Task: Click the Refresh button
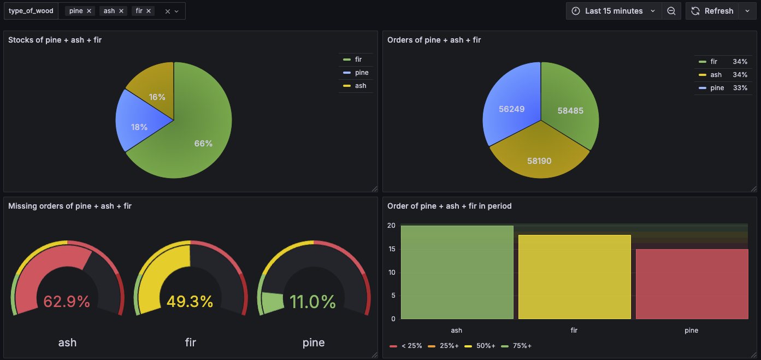[712, 11]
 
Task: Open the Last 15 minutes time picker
[613, 11]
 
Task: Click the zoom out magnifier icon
[671, 11]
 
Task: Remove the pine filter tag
[89, 11]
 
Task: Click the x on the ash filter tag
[121, 11]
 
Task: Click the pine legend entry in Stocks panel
[361, 73]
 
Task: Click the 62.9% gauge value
[67, 301]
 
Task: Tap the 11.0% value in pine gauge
[313, 301]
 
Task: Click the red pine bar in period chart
[692, 284]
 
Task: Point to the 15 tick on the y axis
[391, 249]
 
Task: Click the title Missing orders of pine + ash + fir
[70, 206]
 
